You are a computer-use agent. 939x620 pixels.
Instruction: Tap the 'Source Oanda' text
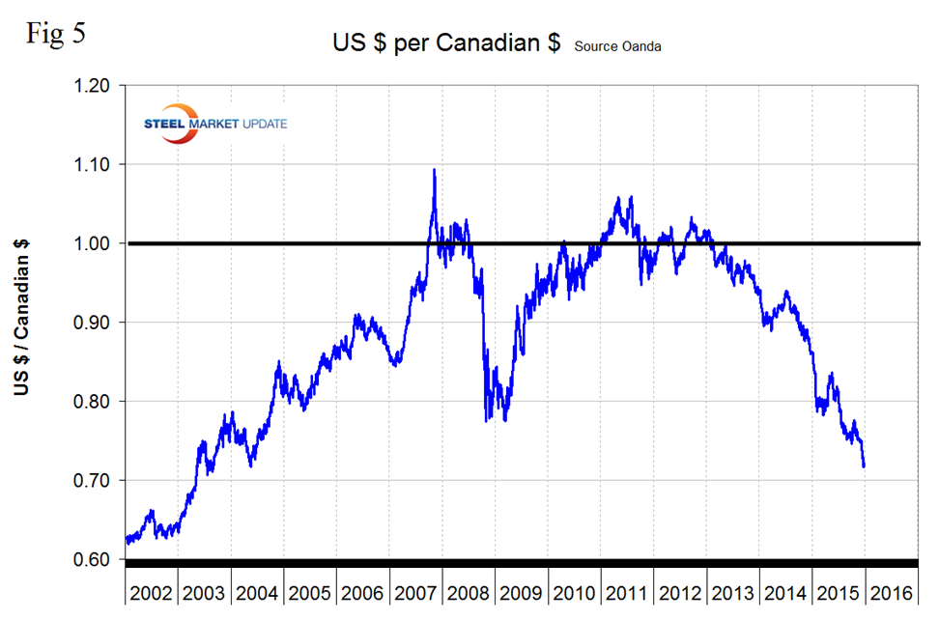618,46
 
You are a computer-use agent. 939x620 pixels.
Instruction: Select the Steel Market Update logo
212,124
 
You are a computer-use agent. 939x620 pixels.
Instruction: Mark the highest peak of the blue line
434,170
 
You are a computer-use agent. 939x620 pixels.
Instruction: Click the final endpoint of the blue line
864,466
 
